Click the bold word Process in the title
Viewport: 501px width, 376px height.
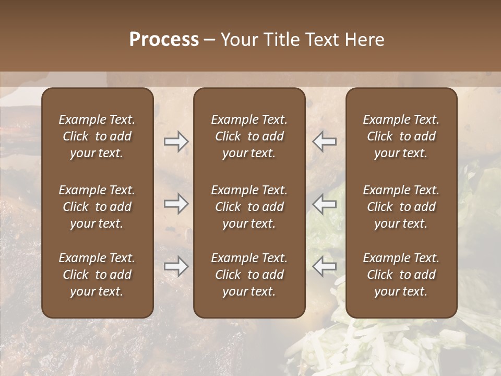[x=164, y=40]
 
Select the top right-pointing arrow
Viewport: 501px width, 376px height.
[x=176, y=142]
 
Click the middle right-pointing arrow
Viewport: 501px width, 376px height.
[x=176, y=204]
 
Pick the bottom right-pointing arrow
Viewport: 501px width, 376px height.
[x=176, y=266]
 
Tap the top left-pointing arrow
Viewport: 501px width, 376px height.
[x=324, y=142]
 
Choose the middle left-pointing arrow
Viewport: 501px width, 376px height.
[x=324, y=204]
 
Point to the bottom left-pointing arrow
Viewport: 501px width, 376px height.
[x=324, y=266]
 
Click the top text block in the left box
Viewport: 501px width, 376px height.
[x=97, y=136]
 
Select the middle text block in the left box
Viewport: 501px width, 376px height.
[x=97, y=207]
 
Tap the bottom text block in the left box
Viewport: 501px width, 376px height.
[x=97, y=275]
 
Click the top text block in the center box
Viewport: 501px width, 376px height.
[x=249, y=136]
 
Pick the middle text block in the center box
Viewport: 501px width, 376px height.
[x=249, y=207]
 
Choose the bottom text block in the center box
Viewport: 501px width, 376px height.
[x=249, y=275]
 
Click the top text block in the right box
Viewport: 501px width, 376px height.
[x=401, y=136]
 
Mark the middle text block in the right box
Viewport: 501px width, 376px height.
[x=401, y=207]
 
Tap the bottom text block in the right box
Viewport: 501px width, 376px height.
[x=401, y=275]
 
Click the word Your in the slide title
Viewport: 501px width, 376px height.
[x=238, y=40]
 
